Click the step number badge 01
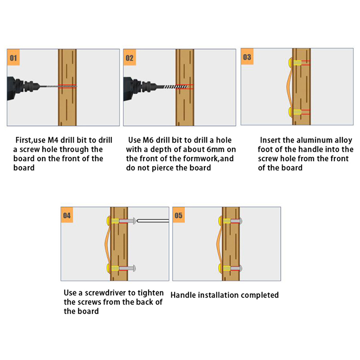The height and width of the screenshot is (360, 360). [13, 58]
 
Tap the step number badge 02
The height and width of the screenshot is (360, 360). [130, 58]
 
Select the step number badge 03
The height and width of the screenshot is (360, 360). [247, 57]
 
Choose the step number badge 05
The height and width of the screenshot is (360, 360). [179, 216]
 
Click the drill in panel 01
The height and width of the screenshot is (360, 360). [20, 85]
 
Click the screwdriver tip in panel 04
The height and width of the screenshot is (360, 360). [153, 220]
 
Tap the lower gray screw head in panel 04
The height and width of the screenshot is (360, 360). [134, 269]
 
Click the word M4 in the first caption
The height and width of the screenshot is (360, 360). [53, 140]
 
